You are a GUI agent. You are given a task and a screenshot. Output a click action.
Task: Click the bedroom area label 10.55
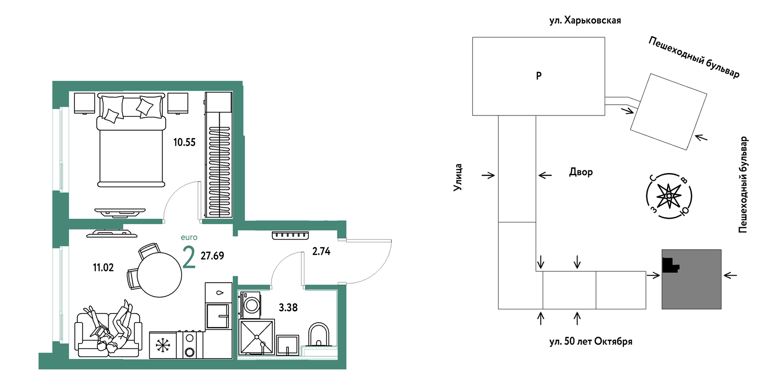pyautogui.click(x=185, y=142)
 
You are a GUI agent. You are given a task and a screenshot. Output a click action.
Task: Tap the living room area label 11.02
pyautogui.click(x=103, y=267)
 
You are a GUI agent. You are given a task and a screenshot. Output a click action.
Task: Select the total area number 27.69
pyautogui.click(x=212, y=256)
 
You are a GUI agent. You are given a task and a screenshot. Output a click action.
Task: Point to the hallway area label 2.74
pyautogui.click(x=321, y=251)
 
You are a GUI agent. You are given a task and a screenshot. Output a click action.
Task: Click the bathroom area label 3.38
pyautogui.click(x=288, y=307)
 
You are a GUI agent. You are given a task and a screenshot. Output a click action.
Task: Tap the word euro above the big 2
pyautogui.click(x=189, y=237)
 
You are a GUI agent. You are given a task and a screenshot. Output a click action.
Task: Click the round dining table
pyautogui.click(x=159, y=275)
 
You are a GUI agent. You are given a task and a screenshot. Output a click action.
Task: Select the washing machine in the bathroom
pyautogui.click(x=250, y=305)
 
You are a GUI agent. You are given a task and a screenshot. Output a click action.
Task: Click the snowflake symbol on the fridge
pyautogui.click(x=162, y=345)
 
